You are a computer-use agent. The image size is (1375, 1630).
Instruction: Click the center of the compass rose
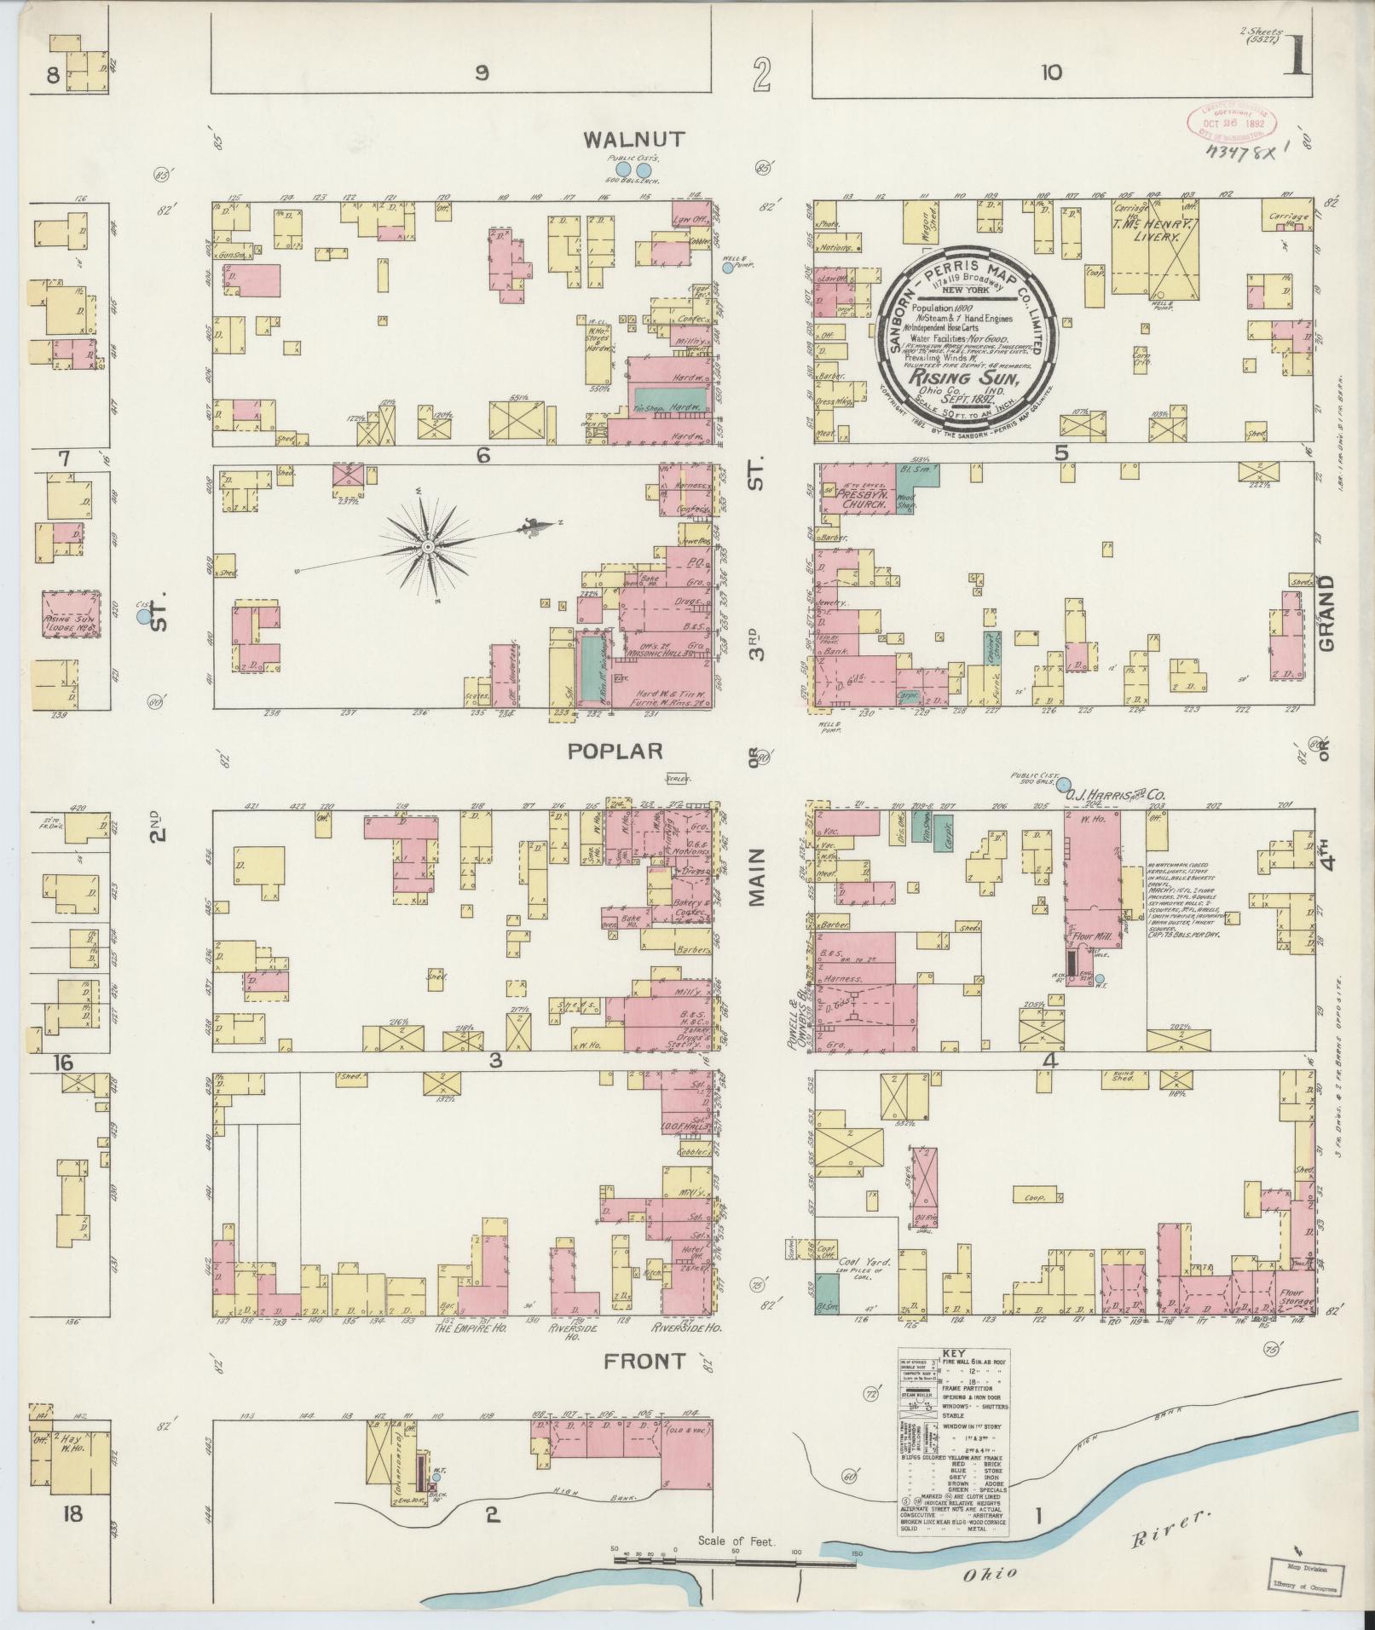pyautogui.click(x=426, y=545)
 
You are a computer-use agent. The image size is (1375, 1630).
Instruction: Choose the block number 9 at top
pyautogui.click(x=482, y=74)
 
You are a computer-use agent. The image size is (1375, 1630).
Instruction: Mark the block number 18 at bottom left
pyautogui.click(x=72, y=1514)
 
